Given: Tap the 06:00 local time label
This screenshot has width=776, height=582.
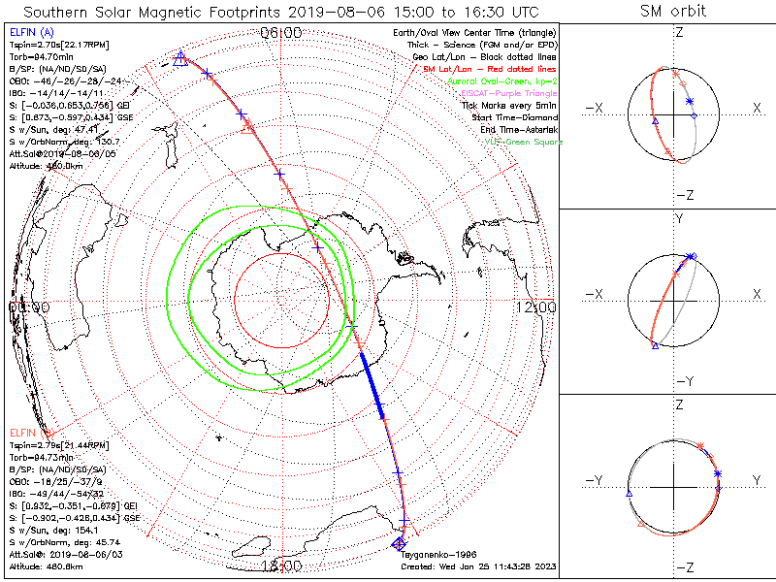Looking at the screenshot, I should click(282, 33).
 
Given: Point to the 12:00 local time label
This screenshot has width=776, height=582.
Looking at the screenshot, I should click(536, 307).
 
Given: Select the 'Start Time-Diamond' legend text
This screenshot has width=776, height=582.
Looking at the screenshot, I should click(514, 117).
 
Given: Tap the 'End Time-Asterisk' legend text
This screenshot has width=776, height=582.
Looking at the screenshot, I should click(516, 130).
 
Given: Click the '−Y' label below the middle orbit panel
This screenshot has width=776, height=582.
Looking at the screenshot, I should click(682, 381).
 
